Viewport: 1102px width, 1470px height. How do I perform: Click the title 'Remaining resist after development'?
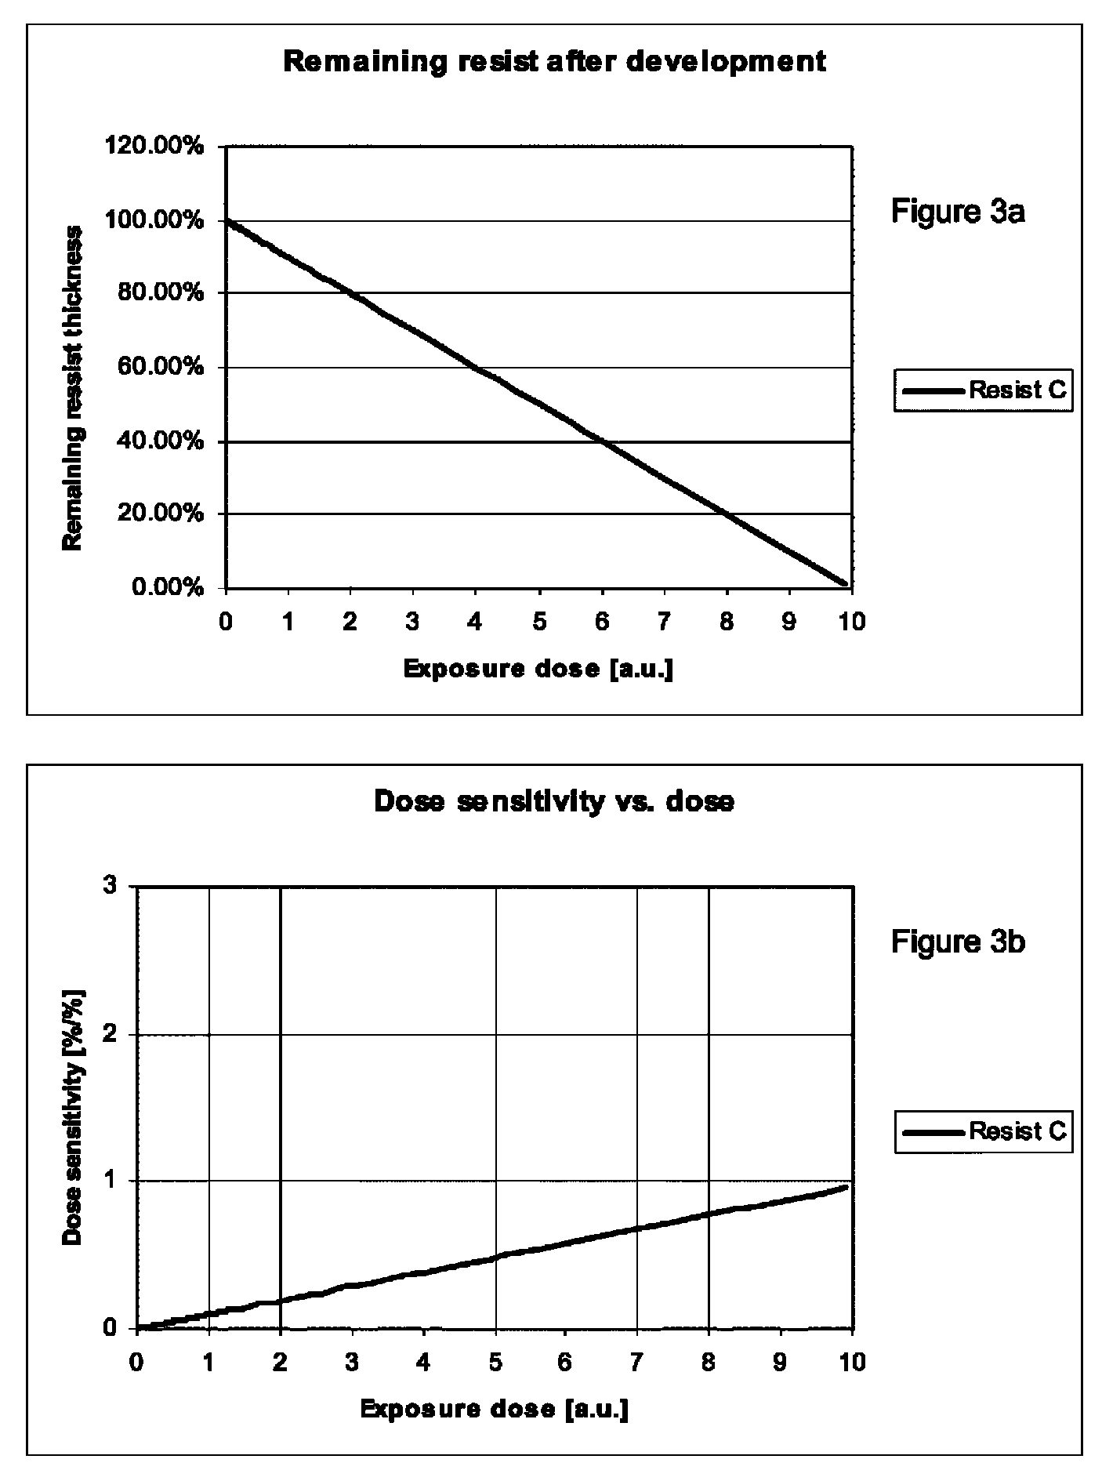coord(554,61)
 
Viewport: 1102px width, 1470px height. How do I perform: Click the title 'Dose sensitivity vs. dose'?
coord(553,801)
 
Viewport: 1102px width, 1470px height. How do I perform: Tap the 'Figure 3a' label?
coord(958,212)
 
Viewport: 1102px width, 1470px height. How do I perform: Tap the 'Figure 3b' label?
coord(958,941)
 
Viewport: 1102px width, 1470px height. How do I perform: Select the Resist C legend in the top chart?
coord(983,390)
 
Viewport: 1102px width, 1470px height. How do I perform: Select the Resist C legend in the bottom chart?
coord(983,1131)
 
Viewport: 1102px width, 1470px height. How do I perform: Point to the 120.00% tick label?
coord(154,147)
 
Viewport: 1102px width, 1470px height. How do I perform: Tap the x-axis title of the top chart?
coord(538,669)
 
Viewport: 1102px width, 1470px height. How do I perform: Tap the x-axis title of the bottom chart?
coord(495,1409)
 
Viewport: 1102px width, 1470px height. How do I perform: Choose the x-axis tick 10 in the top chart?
coord(852,622)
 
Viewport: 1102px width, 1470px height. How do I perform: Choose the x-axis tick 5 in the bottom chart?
coord(495,1362)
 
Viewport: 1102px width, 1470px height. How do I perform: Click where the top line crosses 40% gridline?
coord(602,441)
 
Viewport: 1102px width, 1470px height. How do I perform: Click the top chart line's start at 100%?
coord(227,221)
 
